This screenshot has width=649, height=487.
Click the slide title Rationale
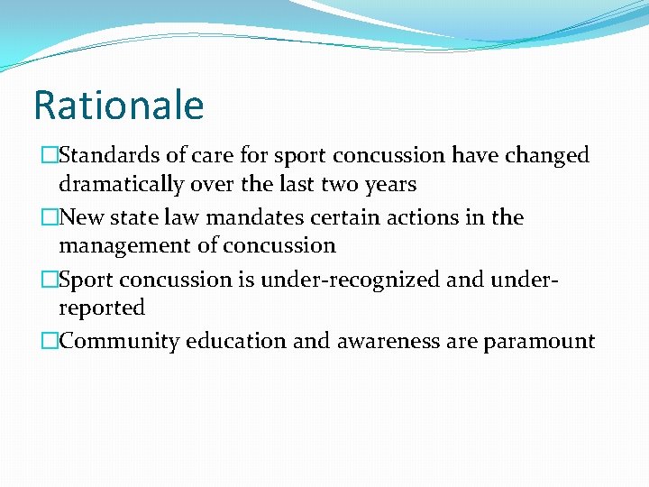point(118,106)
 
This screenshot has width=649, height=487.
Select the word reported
point(102,308)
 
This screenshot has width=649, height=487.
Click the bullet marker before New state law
point(50,218)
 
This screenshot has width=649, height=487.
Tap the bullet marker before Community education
point(50,342)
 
